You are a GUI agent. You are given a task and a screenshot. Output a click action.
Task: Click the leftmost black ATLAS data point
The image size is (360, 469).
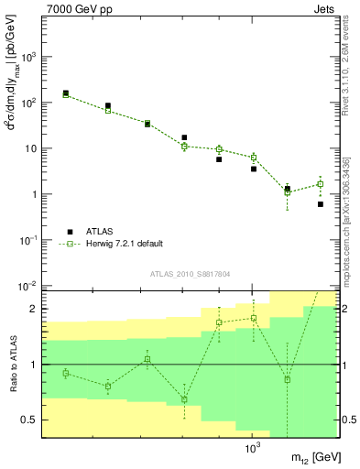[66, 93]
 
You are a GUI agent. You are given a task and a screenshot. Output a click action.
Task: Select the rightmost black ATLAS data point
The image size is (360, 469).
[320, 204]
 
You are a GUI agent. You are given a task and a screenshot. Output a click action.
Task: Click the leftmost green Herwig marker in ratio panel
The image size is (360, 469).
[66, 373]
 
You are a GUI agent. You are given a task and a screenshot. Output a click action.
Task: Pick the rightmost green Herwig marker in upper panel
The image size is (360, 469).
[320, 184]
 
